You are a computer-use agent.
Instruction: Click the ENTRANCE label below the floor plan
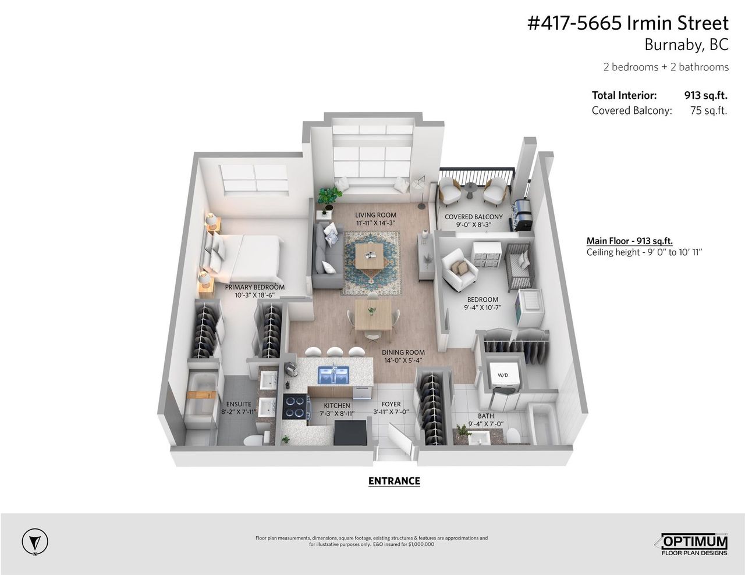coord(394,481)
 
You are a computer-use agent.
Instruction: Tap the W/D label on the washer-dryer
coord(503,374)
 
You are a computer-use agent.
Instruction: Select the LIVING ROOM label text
coord(375,215)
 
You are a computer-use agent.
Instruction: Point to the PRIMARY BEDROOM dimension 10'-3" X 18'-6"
coord(255,295)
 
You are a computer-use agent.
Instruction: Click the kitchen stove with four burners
coord(297,406)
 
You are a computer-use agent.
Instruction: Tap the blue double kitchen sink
coord(334,373)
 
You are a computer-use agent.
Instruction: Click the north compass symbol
coord(35,542)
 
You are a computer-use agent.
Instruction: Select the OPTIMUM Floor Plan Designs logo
coord(694,544)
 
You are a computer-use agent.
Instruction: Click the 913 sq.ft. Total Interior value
coord(705,95)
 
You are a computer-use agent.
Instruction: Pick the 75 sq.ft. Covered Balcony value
coord(709,110)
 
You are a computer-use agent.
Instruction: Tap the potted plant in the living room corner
coord(329,198)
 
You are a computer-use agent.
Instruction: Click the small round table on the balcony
coord(470,190)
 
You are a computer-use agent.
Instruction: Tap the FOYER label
coord(391,404)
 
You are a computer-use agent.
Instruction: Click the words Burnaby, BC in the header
coord(686,45)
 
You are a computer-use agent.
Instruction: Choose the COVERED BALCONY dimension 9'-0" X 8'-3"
coord(473,225)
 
